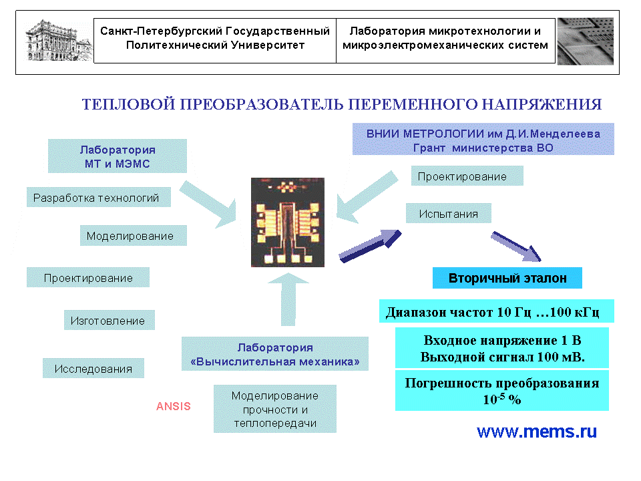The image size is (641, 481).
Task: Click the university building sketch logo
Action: (57, 40)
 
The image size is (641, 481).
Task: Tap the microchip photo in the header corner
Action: (585, 41)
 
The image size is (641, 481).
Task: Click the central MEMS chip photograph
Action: (288, 222)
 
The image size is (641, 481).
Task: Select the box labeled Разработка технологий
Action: (97, 198)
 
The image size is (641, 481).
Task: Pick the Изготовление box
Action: (108, 321)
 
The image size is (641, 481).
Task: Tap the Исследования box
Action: (93, 369)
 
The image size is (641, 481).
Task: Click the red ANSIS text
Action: (174, 406)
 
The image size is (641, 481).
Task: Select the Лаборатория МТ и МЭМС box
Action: (118, 156)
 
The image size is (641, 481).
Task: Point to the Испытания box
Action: (449, 214)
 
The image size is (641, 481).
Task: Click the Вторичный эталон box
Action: (507, 278)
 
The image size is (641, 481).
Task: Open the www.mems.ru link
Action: (537, 432)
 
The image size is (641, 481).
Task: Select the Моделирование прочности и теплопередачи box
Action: (275, 409)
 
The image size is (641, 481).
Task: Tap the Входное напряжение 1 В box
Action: (502, 347)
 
